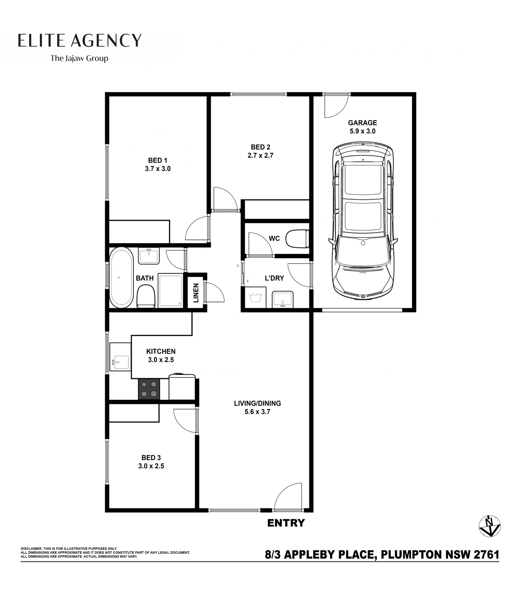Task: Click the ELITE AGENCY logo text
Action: (x=80, y=40)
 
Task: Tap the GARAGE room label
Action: (x=363, y=123)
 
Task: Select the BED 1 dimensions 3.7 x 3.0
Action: (x=158, y=169)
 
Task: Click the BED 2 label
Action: (x=260, y=147)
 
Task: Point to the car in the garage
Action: (x=363, y=221)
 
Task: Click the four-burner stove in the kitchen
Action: (x=149, y=389)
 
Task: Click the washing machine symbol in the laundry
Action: (x=255, y=297)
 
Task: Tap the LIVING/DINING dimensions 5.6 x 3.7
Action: (x=257, y=412)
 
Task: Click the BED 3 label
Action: (x=151, y=458)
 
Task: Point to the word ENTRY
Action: (x=286, y=523)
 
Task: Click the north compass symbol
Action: (x=490, y=526)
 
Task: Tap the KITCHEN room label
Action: (x=161, y=351)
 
